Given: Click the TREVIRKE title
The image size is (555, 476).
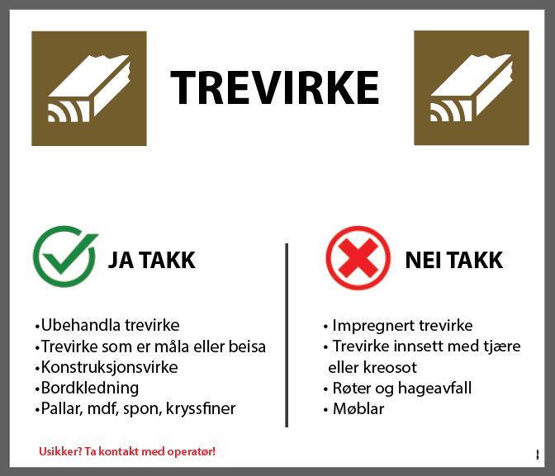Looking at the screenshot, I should click(x=274, y=87).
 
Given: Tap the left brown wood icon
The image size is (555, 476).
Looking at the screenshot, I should click(x=89, y=88).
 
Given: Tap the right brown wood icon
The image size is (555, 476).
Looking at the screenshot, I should click(x=472, y=88).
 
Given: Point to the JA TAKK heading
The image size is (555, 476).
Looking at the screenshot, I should click(x=152, y=261).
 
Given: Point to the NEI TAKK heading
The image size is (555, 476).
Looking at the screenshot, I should click(x=453, y=261).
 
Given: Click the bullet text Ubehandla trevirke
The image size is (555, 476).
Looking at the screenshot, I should click(x=108, y=325).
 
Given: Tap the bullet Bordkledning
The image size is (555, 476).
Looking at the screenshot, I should click(x=88, y=388).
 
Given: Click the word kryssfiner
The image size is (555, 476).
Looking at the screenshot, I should click(x=201, y=408).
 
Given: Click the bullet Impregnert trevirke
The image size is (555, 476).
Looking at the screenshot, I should click(x=397, y=325).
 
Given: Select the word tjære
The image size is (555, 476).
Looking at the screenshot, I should click(x=500, y=346).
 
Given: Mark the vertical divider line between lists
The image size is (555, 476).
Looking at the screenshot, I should click(x=287, y=334).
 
